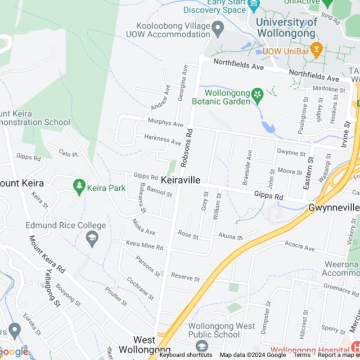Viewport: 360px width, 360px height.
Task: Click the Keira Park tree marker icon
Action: click(x=79, y=186)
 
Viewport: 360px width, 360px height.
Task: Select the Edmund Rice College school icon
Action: click(x=92, y=240)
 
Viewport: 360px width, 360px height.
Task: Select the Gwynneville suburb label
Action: click(x=334, y=208)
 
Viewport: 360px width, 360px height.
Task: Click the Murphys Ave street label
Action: click(x=165, y=123)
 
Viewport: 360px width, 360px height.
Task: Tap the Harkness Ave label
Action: click(x=163, y=139)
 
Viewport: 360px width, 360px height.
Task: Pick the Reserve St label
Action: click(x=185, y=277)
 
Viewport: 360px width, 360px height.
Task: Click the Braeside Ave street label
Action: click(x=246, y=167)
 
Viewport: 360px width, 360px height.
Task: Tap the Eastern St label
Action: click(x=309, y=173)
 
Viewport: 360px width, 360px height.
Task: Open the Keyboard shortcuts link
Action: click(x=186, y=355)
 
